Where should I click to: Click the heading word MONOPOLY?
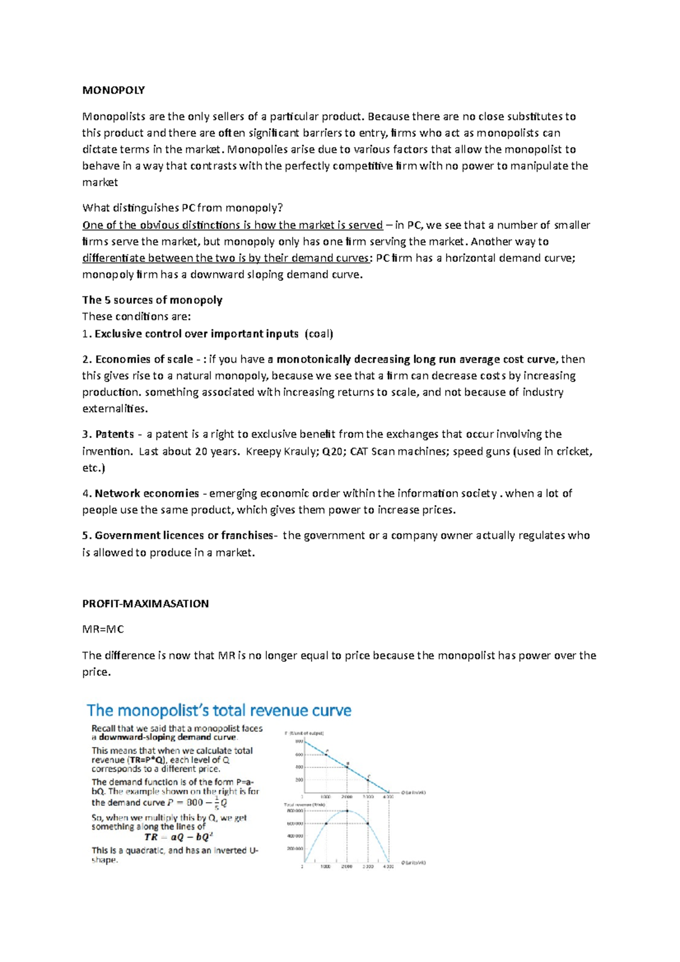pos(113,90)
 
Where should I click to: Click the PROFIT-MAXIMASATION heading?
pos(145,604)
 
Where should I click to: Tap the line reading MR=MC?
pos(103,629)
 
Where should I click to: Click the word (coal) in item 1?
pos(319,334)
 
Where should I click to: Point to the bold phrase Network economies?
pos(147,493)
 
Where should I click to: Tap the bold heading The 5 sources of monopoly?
pos(152,300)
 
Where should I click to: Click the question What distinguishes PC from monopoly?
pos(182,208)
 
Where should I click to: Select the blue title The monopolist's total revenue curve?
pos(219,710)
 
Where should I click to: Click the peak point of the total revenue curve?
pos(347,811)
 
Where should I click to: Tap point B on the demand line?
pos(347,767)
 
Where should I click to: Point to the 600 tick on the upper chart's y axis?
pos(299,755)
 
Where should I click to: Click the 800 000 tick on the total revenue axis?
pos(295,811)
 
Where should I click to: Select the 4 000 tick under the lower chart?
pos(388,866)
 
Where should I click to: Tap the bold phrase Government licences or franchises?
pos(183,536)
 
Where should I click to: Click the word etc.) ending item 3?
pos(93,469)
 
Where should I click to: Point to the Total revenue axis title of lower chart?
pos(304,804)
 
